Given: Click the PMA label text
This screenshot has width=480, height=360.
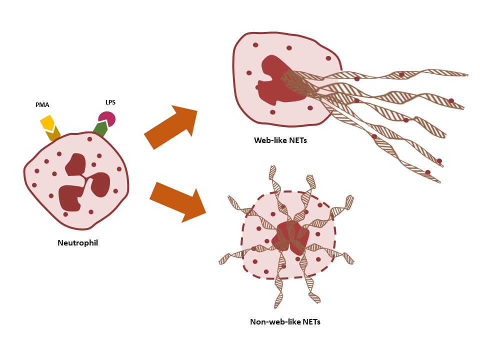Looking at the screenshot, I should [42, 105].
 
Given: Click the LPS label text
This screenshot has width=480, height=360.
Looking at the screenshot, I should [110, 102].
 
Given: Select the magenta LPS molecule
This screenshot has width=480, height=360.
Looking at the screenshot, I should [107, 119].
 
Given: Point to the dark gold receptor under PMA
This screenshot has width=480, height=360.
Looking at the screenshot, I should [53, 134].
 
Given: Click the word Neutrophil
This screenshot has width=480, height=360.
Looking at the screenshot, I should [77, 243].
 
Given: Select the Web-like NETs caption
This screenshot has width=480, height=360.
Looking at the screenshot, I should [280, 140].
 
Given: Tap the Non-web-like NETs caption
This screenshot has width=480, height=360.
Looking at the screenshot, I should [285, 321].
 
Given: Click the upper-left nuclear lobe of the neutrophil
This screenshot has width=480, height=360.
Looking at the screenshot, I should [75, 164].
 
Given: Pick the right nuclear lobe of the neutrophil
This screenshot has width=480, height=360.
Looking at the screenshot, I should [100, 184].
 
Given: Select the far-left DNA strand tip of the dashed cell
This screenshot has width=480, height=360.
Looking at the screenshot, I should [223, 260].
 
